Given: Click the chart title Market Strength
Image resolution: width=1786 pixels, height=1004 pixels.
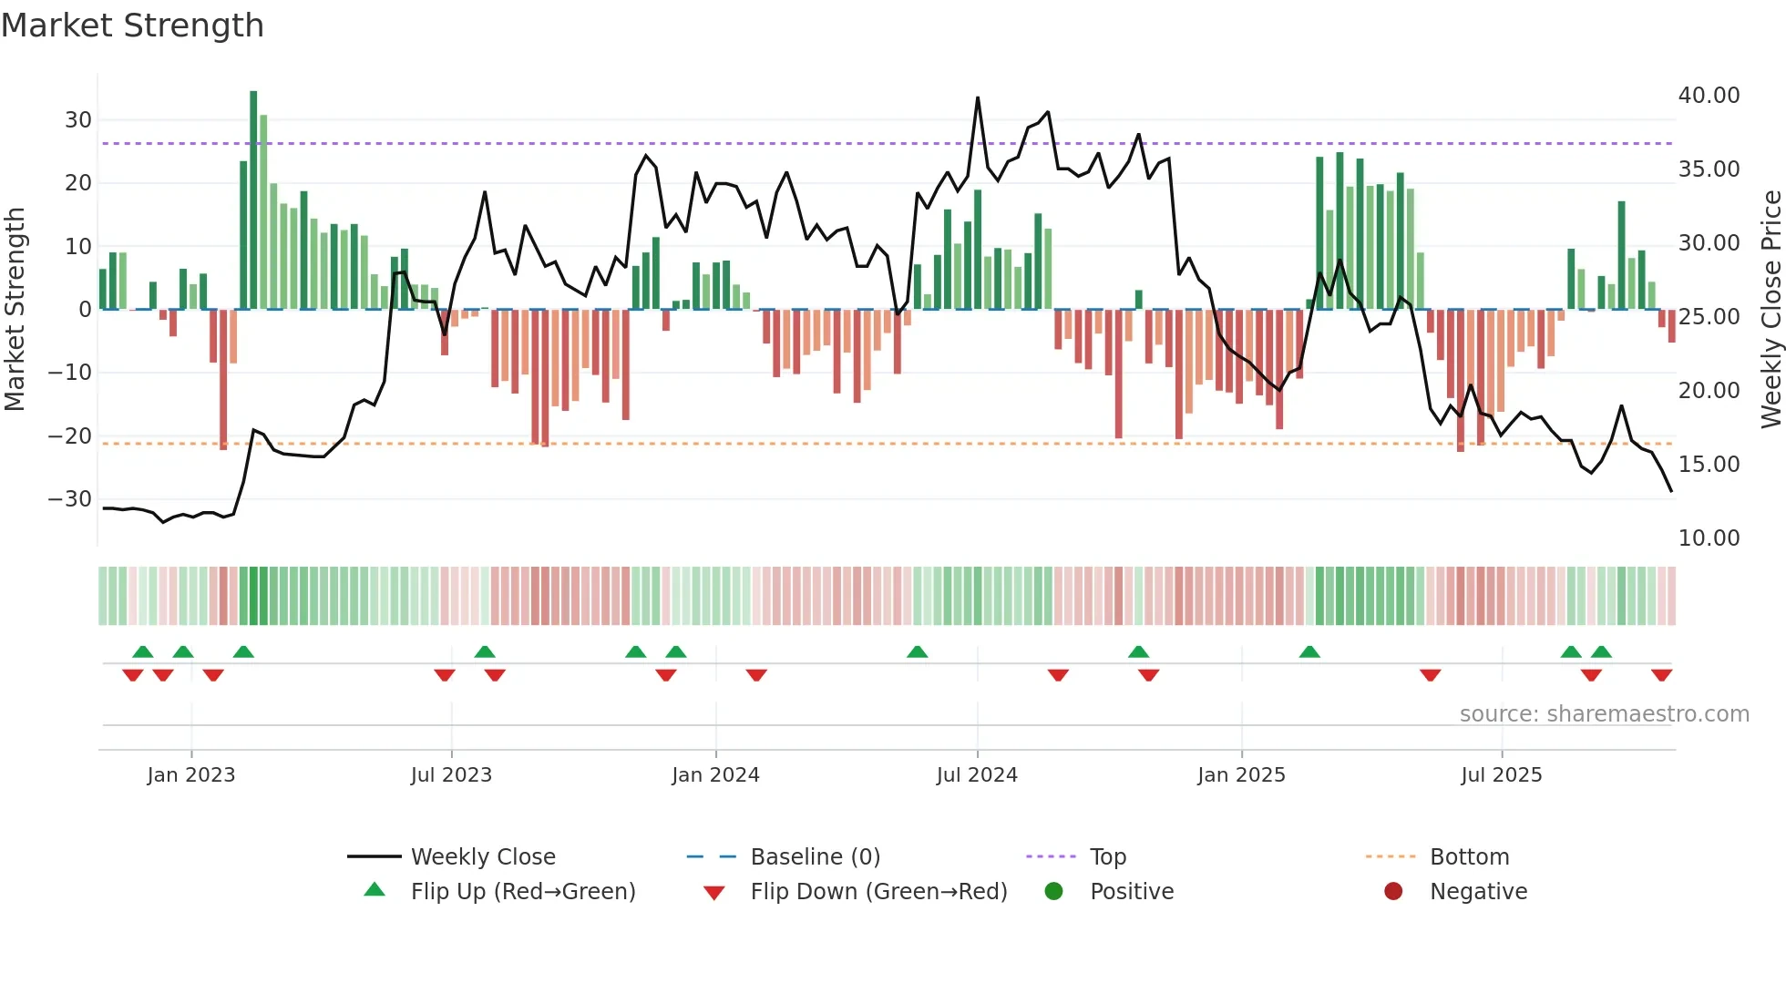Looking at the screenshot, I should (x=132, y=26).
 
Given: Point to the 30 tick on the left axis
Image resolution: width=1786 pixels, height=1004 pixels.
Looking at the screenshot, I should (x=78, y=120).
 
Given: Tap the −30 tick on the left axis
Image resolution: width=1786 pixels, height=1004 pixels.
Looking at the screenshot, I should (x=70, y=499).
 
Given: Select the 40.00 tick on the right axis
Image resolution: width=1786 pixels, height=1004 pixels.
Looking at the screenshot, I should (x=1709, y=96).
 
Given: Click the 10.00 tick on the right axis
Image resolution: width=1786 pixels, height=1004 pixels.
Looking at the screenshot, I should (x=1709, y=538).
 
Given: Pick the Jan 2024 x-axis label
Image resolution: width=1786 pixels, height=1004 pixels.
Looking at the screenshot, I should (x=715, y=775).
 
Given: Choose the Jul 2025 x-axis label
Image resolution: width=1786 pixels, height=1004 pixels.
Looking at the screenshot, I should (x=1501, y=775).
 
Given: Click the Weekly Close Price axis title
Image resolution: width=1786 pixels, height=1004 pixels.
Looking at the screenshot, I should (x=1771, y=309).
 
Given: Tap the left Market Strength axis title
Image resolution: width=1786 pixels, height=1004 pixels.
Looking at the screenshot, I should (x=15, y=309).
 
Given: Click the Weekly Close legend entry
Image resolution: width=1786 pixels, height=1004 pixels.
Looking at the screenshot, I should (x=482, y=857).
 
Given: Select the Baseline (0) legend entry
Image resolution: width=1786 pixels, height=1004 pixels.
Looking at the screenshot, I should (x=815, y=857).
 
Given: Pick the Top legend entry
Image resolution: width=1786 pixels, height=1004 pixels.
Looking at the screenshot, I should (x=1107, y=857).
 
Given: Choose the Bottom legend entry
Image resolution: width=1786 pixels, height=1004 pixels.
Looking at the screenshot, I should (x=1469, y=857).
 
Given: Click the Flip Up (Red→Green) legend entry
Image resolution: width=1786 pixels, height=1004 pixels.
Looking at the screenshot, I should (x=522, y=892).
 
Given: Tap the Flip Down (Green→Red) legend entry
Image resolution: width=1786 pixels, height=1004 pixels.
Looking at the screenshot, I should (x=878, y=892).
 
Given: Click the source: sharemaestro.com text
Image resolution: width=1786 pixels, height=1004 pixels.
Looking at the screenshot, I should (x=1604, y=714).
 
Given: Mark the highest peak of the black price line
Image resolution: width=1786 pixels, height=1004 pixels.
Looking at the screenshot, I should (x=978, y=98).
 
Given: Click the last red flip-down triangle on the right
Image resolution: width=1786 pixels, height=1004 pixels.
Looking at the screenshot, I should (x=1661, y=675).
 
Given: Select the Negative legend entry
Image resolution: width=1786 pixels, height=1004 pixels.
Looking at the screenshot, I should (x=1477, y=892).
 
